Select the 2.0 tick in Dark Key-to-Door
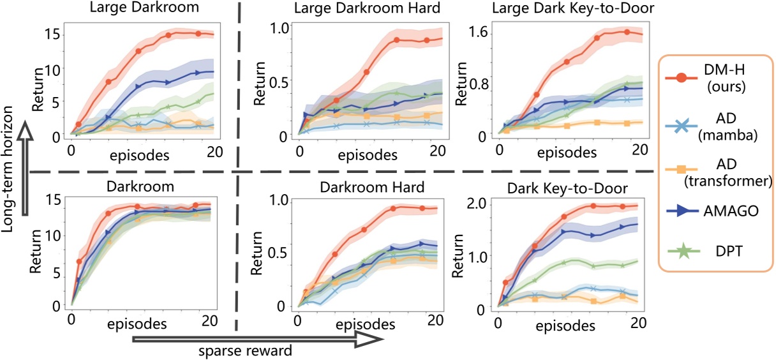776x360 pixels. point(476,204)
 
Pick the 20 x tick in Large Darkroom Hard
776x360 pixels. point(437,151)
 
